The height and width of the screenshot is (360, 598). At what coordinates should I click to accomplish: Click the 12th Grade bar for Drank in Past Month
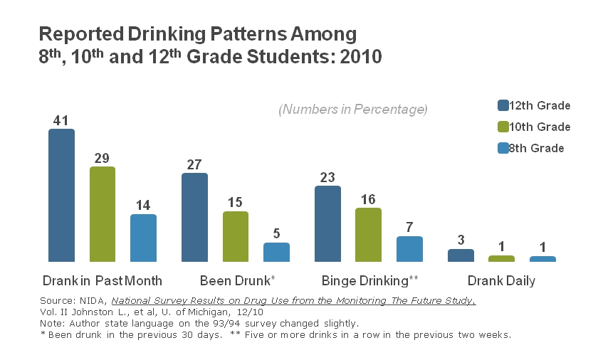coord(61,195)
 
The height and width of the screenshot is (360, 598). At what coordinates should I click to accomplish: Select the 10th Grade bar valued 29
coord(103,214)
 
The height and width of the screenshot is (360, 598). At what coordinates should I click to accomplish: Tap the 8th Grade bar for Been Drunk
coord(276,252)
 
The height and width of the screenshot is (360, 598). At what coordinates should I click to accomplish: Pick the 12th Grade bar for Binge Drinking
coord(327,223)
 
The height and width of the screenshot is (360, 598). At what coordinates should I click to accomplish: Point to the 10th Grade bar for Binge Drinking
coord(368,235)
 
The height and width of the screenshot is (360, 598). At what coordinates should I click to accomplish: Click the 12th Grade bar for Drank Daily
coord(461,255)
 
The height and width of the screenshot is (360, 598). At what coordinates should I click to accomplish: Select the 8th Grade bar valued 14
coord(143,238)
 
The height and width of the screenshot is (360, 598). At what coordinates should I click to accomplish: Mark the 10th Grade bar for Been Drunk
coord(236,236)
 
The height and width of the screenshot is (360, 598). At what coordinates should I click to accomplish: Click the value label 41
coord(61,120)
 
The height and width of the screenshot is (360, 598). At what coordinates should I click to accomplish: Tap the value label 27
coord(194,164)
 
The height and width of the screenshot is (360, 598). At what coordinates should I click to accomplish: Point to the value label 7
coord(409,228)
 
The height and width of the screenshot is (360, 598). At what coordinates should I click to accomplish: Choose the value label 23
coord(327,177)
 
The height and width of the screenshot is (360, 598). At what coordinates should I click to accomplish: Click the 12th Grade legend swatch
coord(503,106)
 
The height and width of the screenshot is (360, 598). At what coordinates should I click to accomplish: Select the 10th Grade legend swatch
coord(503,127)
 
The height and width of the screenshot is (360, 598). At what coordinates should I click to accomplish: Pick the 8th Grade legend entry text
coord(536,148)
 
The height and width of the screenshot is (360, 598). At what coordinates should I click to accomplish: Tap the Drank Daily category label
coord(501,280)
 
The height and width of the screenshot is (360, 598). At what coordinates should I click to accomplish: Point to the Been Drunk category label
coord(237,280)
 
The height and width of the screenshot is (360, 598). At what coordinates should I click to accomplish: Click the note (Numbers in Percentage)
coord(352,110)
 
